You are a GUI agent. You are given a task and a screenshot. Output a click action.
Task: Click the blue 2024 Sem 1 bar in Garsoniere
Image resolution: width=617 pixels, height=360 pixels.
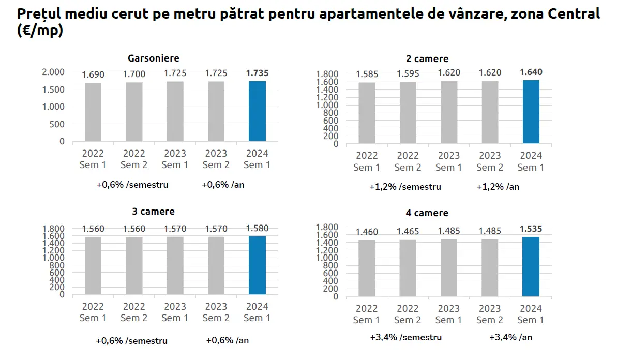pos(257,111)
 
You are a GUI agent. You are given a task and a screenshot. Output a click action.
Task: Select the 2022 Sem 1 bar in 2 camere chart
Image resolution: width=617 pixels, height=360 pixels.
pos(367,113)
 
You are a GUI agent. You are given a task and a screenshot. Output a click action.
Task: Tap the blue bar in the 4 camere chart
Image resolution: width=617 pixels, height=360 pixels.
pos(531,266)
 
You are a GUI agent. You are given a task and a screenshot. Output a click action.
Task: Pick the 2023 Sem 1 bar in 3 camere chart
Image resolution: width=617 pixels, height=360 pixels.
pos(175,265)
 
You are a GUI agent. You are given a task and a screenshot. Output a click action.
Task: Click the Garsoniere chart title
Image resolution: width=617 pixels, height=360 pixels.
pos(154,58)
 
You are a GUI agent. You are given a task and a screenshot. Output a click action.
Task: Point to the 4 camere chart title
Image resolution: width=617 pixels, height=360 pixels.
pos(427,213)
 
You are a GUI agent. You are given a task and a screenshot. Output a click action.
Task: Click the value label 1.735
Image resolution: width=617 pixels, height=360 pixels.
pos(257,73)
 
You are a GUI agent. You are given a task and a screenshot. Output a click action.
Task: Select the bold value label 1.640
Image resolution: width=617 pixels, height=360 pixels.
pos(531,72)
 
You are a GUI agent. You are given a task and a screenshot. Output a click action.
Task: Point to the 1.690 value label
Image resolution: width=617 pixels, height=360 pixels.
pos(93,74)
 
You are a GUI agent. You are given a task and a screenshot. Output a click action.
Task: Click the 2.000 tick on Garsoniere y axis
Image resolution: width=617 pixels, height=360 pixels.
pos(53,72)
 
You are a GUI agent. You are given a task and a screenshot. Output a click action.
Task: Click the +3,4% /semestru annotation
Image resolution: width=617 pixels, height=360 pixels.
pos(406,337)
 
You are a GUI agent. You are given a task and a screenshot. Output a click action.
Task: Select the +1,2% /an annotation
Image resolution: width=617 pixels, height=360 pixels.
pos(498,186)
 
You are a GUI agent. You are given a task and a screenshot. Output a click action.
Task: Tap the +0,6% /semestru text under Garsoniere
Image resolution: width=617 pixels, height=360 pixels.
pos(132,185)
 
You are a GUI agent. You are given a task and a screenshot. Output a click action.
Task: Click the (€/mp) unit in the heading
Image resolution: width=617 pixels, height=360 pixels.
pos(40,31)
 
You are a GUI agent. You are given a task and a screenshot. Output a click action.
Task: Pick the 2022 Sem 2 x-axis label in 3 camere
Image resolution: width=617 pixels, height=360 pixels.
pos(134,312)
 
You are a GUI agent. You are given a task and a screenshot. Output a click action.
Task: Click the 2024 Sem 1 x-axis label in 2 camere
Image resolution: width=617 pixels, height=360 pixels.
pos(531,161)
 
